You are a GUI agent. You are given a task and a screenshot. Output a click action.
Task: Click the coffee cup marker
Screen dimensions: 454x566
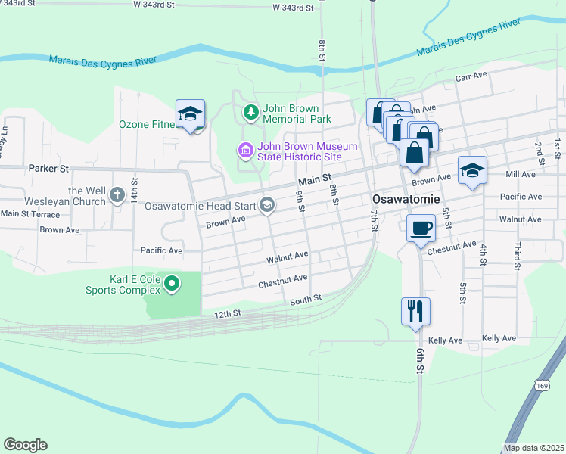(x=421, y=228)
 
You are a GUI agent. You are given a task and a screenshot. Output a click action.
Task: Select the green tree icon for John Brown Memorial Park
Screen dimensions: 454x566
(x=250, y=113)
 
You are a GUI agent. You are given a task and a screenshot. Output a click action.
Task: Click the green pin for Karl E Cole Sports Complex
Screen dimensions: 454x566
(x=172, y=285)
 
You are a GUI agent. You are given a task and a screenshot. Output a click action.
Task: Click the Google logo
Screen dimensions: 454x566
(x=25, y=445)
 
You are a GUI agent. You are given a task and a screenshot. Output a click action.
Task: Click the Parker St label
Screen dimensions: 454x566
(x=48, y=168)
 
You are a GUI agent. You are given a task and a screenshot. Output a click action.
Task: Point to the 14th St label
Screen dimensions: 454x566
(x=134, y=188)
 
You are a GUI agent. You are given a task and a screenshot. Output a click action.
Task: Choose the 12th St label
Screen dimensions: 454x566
(x=227, y=313)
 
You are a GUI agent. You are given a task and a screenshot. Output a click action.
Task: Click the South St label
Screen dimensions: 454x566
(x=306, y=300)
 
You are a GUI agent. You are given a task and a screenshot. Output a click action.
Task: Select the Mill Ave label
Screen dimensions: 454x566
(x=521, y=174)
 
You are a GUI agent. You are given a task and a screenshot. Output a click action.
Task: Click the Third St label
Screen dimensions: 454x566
(x=518, y=256)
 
